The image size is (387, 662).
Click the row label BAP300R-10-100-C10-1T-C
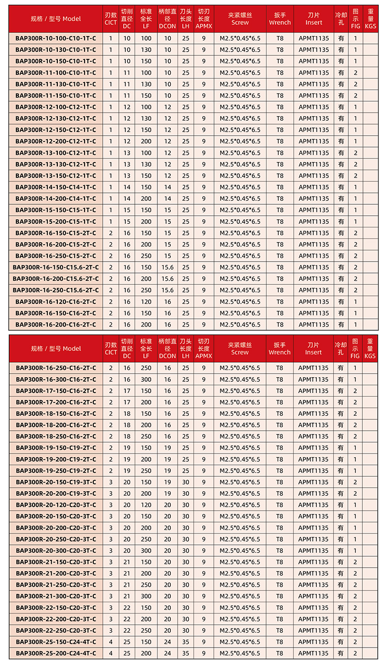[56, 38]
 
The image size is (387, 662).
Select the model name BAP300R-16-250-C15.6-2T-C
[56, 290]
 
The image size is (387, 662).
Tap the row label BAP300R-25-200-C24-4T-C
[56, 653]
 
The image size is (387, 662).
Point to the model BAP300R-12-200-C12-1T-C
[56, 141]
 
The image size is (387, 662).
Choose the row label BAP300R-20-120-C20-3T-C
[56, 505]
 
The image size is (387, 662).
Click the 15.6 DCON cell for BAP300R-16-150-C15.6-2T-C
[167, 267]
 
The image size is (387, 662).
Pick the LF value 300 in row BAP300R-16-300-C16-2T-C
[146, 379]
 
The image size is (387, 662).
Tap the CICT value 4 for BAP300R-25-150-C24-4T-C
[110, 642]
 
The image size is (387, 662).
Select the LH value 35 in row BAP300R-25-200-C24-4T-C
[186, 653]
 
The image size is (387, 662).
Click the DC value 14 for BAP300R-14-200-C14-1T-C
[127, 199]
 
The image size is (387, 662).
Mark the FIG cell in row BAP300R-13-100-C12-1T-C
[356, 153]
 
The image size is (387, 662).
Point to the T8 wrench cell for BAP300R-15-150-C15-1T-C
[280, 210]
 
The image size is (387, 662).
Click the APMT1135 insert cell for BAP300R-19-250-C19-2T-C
[313, 471]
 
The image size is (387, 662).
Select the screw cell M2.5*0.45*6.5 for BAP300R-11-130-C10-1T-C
[240, 84]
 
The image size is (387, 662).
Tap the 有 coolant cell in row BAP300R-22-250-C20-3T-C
[341, 631]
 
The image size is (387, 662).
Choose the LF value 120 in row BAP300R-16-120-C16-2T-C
[146, 302]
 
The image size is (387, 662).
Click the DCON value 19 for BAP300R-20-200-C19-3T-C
[167, 493]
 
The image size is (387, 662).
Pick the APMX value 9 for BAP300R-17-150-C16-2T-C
[204, 391]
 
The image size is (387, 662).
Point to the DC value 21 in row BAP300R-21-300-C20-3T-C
[127, 596]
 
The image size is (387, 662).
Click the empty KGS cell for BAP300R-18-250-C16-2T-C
[370, 436]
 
